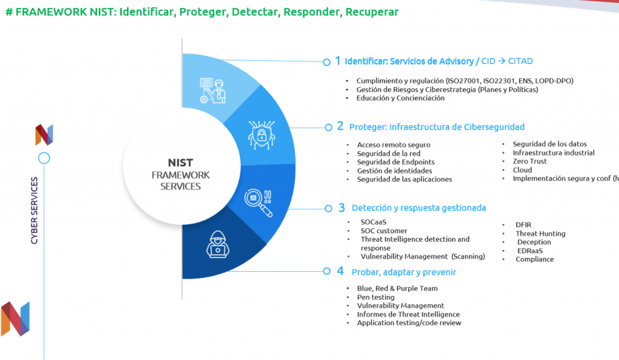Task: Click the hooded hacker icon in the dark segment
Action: (x=218, y=245)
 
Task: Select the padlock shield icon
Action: (x=261, y=135)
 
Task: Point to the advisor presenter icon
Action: (x=213, y=91)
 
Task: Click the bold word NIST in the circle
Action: (x=180, y=163)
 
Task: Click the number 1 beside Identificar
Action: (x=338, y=61)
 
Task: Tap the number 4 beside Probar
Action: (x=340, y=271)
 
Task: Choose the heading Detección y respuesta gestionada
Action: (x=418, y=208)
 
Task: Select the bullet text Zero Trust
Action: (x=530, y=161)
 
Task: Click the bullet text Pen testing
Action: (x=375, y=297)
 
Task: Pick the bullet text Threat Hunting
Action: (x=540, y=233)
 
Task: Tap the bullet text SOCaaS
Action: (x=374, y=222)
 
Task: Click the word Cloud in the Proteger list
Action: (x=522, y=170)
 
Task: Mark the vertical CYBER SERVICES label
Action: (x=34, y=211)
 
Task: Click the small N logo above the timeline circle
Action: (x=44, y=135)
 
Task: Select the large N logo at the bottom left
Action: (x=15, y=319)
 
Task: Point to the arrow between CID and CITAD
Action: (x=501, y=61)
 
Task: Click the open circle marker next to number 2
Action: (x=328, y=127)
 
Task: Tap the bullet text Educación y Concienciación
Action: (x=400, y=98)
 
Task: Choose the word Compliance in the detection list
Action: (x=534, y=260)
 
